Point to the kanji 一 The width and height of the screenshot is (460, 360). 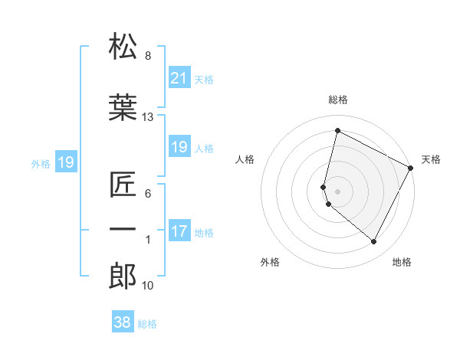(x=123, y=229)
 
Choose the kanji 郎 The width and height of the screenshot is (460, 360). (x=123, y=275)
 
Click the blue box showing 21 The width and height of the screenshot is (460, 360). (x=179, y=78)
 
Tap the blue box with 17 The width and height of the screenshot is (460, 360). (x=179, y=232)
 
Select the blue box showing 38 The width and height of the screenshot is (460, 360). (x=123, y=322)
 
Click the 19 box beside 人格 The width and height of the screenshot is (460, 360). (x=179, y=147)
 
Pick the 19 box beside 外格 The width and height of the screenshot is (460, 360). (x=66, y=162)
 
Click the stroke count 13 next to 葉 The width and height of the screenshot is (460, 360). (x=148, y=117)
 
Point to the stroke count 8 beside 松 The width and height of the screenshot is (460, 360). (x=148, y=56)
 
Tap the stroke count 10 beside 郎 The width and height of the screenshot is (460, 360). (x=148, y=286)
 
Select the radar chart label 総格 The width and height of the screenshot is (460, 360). (x=338, y=100)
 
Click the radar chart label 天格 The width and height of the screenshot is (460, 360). (x=431, y=159)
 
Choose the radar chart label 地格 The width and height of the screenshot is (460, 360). (x=402, y=262)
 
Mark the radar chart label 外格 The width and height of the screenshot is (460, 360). (x=270, y=262)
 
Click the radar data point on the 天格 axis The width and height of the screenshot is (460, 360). (x=412, y=167)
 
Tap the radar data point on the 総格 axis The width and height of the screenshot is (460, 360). (x=337, y=130)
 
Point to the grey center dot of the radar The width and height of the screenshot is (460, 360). (x=337, y=191)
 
